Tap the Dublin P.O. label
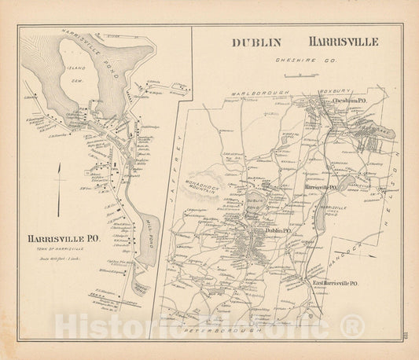278,230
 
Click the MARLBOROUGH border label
260,93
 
